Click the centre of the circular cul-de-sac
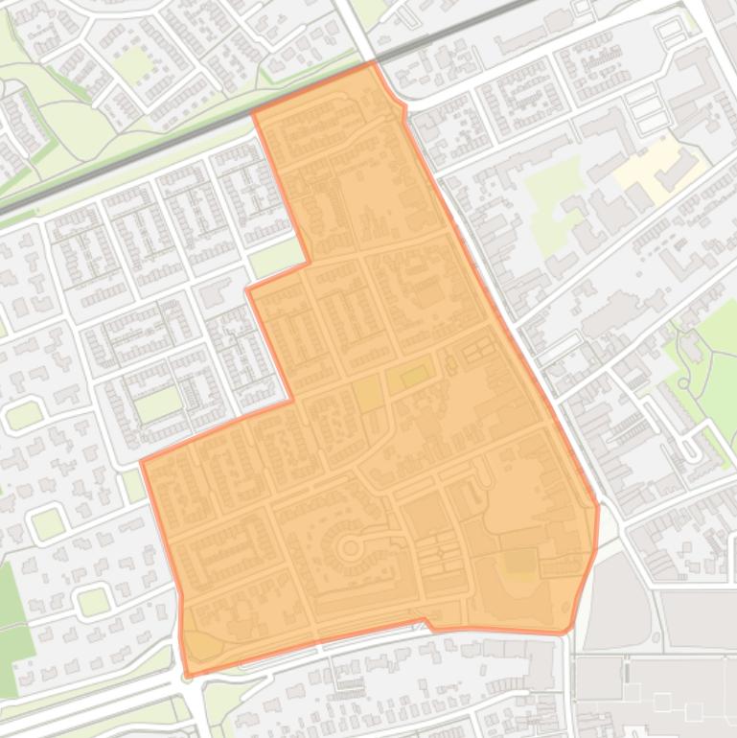coord(350,549)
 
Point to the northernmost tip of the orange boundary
coord(374,62)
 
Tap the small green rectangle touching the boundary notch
coord(276,257)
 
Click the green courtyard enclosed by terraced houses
coord(157,404)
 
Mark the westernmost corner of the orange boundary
coord(142,462)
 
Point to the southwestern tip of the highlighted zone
coord(187,675)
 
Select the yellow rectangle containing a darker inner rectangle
coord(409,377)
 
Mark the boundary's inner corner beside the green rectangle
coord(307,261)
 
